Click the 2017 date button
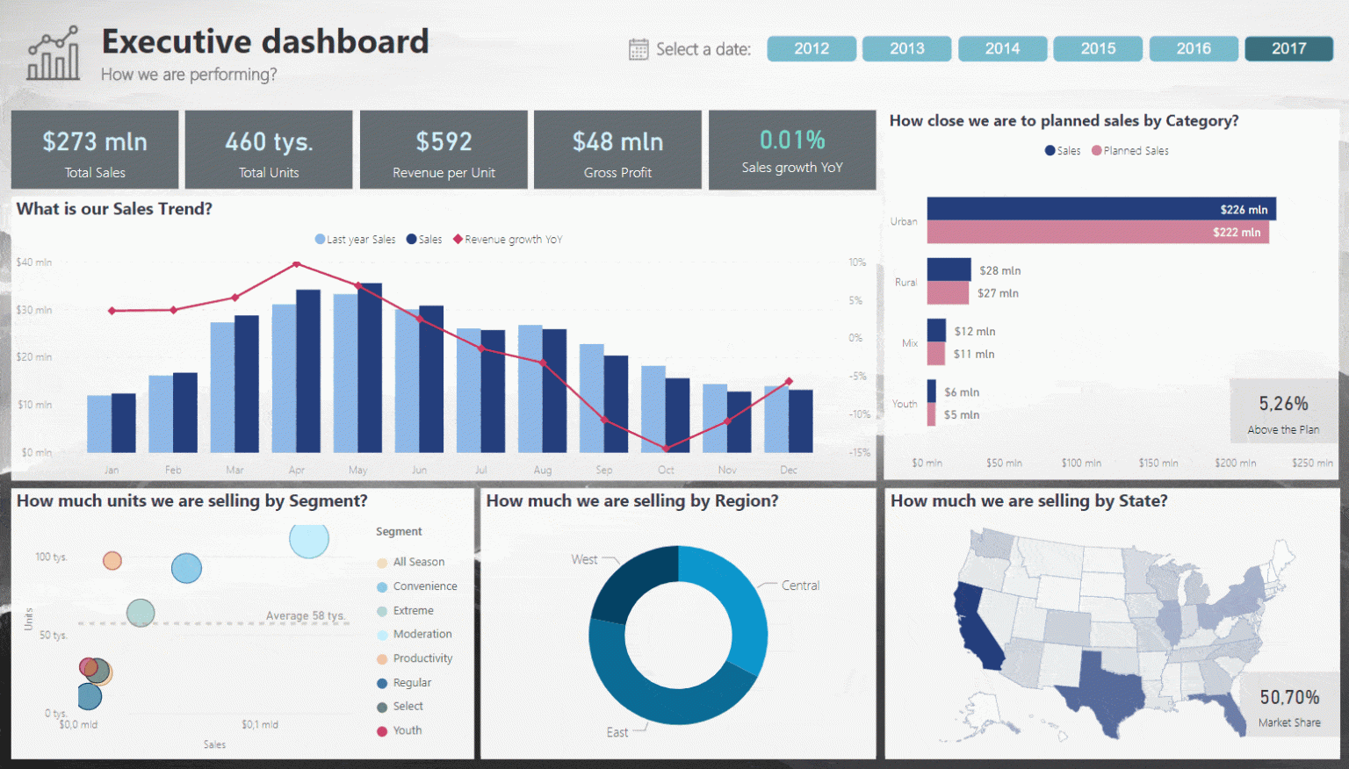(x=1288, y=49)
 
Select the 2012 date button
(x=811, y=49)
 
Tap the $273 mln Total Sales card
(x=95, y=150)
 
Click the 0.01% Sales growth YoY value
(x=792, y=140)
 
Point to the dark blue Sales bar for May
(x=370, y=369)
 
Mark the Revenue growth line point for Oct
(x=666, y=448)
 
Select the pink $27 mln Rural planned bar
(x=948, y=293)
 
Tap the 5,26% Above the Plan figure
(x=1283, y=404)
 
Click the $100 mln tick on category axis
(x=1081, y=463)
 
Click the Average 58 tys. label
(x=306, y=615)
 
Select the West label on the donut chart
(x=584, y=559)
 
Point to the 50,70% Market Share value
(x=1289, y=697)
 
